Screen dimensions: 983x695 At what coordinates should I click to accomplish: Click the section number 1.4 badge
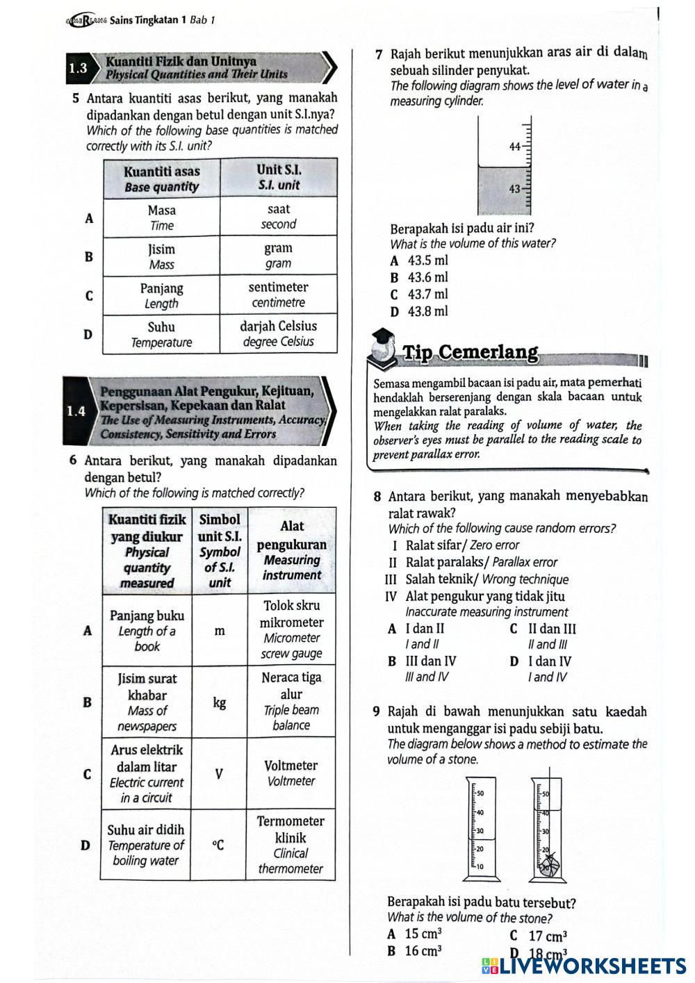point(76,411)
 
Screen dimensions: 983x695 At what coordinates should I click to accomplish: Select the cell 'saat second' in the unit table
point(279,217)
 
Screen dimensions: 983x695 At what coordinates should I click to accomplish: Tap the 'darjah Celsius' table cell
point(279,333)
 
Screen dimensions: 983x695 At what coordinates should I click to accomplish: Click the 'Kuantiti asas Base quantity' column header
point(161,179)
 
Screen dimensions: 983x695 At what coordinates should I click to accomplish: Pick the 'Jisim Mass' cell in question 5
point(161,256)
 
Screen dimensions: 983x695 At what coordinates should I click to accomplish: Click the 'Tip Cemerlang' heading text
point(471,353)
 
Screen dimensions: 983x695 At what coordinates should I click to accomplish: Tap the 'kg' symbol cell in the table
point(220,703)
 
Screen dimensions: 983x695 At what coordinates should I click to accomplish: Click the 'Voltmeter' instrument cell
point(291,773)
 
